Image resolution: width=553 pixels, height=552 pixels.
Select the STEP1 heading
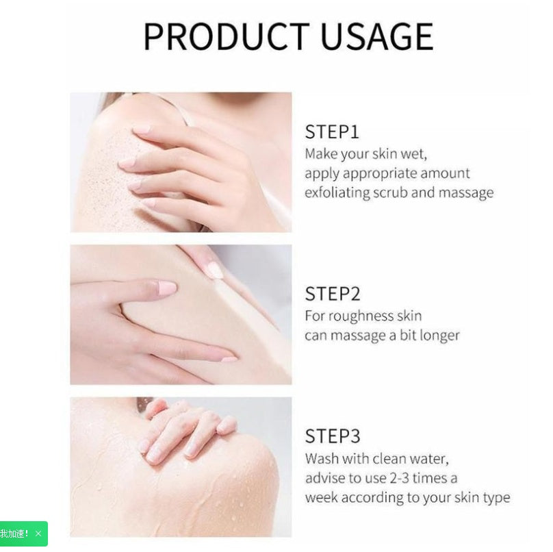click(x=332, y=131)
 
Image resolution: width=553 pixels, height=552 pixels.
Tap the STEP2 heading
click(x=332, y=294)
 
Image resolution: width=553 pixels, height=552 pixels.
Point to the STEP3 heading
click(x=332, y=436)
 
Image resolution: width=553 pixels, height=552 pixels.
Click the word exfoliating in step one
click(x=337, y=192)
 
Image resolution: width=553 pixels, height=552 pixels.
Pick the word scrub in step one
click(x=390, y=192)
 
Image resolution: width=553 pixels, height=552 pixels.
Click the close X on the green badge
click(x=38, y=534)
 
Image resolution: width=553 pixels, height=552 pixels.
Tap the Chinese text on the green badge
click(x=14, y=534)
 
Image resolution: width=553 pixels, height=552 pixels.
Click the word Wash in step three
click(x=321, y=458)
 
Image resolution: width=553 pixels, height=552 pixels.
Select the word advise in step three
click(x=325, y=477)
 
